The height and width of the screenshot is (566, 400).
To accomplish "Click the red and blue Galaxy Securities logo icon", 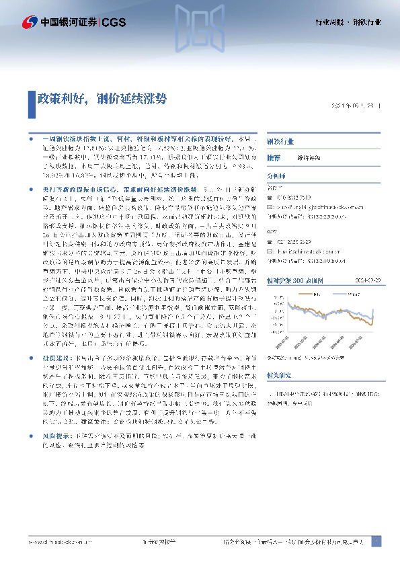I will [28, 22].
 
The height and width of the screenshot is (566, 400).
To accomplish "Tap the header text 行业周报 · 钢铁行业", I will [348, 22].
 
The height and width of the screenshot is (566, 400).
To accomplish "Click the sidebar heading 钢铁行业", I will [280, 143].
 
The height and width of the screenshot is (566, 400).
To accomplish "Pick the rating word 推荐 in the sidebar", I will [274, 156].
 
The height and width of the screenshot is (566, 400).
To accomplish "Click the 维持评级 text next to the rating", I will [309, 156].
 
